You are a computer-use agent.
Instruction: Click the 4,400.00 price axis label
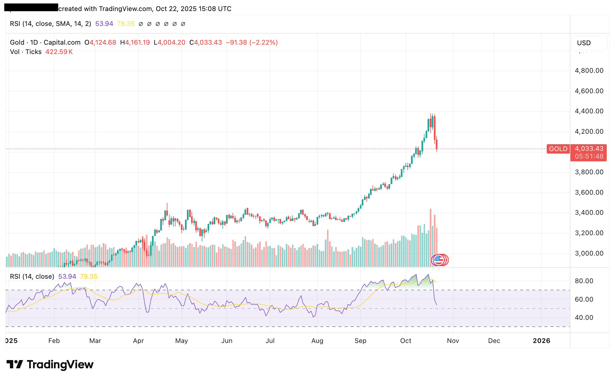(x=589, y=111)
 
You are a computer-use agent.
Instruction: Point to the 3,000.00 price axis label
(x=589, y=253)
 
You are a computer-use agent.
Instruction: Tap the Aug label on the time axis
(x=317, y=341)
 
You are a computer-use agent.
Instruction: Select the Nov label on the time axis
(x=453, y=341)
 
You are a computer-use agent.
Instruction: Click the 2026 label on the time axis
(x=541, y=341)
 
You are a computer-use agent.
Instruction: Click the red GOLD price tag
(x=558, y=149)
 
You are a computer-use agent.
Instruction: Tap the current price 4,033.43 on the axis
(x=589, y=149)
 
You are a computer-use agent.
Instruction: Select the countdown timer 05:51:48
(x=589, y=157)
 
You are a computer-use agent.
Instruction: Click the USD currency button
(x=584, y=43)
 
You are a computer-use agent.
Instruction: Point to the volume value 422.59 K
(x=59, y=52)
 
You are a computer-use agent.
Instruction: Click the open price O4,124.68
(x=100, y=42)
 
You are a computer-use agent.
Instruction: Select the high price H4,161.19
(x=135, y=42)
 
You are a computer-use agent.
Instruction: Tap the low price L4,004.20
(x=169, y=42)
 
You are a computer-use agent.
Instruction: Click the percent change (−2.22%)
(x=263, y=42)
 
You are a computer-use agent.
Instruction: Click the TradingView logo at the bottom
(x=50, y=364)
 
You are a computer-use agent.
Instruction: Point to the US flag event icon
(x=438, y=260)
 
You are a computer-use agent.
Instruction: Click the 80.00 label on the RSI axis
(x=584, y=281)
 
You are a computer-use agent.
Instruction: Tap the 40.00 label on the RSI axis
(x=584, y=318)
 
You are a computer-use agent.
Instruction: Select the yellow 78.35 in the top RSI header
(x=126, y=24)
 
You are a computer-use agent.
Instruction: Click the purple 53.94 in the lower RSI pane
(x=67, y=277)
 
